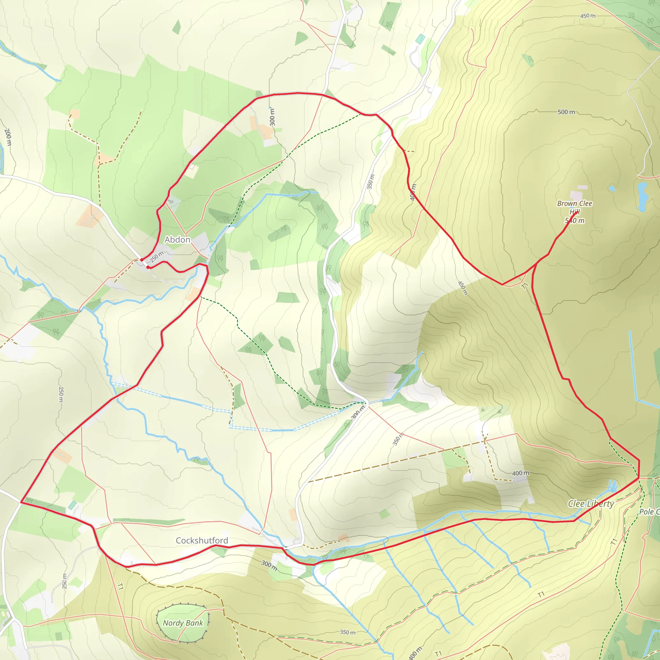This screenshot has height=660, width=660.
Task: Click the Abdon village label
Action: [177, 240]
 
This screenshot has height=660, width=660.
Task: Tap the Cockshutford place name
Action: [201, 540]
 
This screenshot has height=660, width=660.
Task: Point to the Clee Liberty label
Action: [591, 504]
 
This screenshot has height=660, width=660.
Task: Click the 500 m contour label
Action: [566, 112]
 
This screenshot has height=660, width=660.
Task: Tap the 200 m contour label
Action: [7, 137]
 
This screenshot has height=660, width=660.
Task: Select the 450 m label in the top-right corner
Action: [587, 16]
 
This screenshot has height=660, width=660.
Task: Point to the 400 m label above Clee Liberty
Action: [521, 473]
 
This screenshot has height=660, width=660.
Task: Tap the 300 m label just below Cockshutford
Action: [269, 565]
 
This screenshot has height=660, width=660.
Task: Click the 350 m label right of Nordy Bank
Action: [347, 632]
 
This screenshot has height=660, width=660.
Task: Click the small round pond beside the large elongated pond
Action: [612, 188]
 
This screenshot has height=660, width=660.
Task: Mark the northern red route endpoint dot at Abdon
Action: [141, 260]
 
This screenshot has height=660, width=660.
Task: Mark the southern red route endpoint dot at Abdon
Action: [148, 267]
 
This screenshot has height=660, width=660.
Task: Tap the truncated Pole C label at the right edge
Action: [649, 512]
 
